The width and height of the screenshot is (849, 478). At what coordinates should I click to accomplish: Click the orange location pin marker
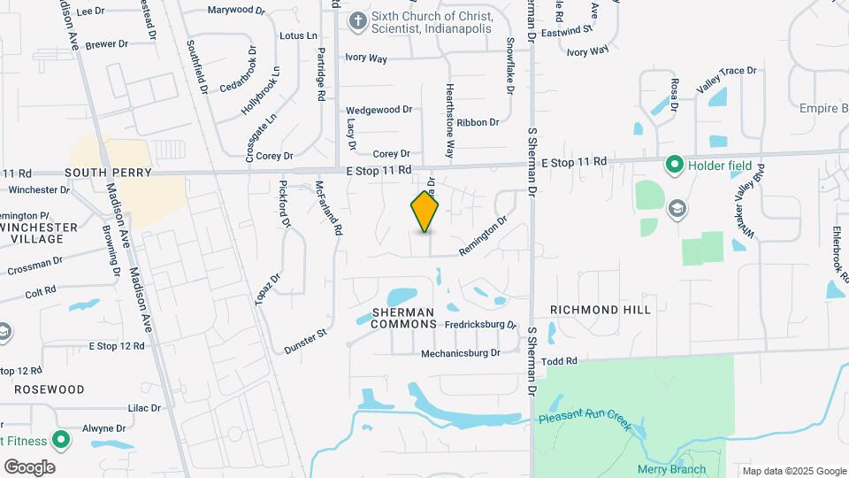point(425,212)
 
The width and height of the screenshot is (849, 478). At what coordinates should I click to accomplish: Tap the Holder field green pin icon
point(674,165)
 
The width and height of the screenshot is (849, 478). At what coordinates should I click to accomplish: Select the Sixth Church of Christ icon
point(357,22)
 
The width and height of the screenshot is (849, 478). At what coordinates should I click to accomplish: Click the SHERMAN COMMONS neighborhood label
point(403,318)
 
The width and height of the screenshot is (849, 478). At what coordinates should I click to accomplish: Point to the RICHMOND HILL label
point(600,310)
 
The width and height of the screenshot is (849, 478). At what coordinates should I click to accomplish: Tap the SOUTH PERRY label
point(109,172)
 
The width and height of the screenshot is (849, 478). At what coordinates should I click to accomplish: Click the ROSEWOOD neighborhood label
point(49,389)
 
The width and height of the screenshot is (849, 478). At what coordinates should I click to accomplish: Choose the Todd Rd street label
point(559,361)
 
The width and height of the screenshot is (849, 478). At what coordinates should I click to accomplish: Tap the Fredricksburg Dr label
point(480,325)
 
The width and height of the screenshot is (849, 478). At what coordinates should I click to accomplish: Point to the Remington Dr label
point(483,237)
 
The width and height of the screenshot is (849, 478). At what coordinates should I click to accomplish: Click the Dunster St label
point(306,343)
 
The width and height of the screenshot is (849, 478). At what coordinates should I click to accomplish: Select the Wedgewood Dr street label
point(379,110)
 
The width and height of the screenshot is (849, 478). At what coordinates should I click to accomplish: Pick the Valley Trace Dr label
point(727,78)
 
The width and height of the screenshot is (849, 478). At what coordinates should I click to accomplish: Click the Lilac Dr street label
point(144,408)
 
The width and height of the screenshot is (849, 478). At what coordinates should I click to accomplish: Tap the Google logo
point(29,467)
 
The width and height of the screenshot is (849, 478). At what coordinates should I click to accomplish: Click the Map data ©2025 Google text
point(793,471)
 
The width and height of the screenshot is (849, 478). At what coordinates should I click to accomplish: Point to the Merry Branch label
point(671,469)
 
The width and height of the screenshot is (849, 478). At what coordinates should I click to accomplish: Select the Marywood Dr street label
point(236,11)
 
